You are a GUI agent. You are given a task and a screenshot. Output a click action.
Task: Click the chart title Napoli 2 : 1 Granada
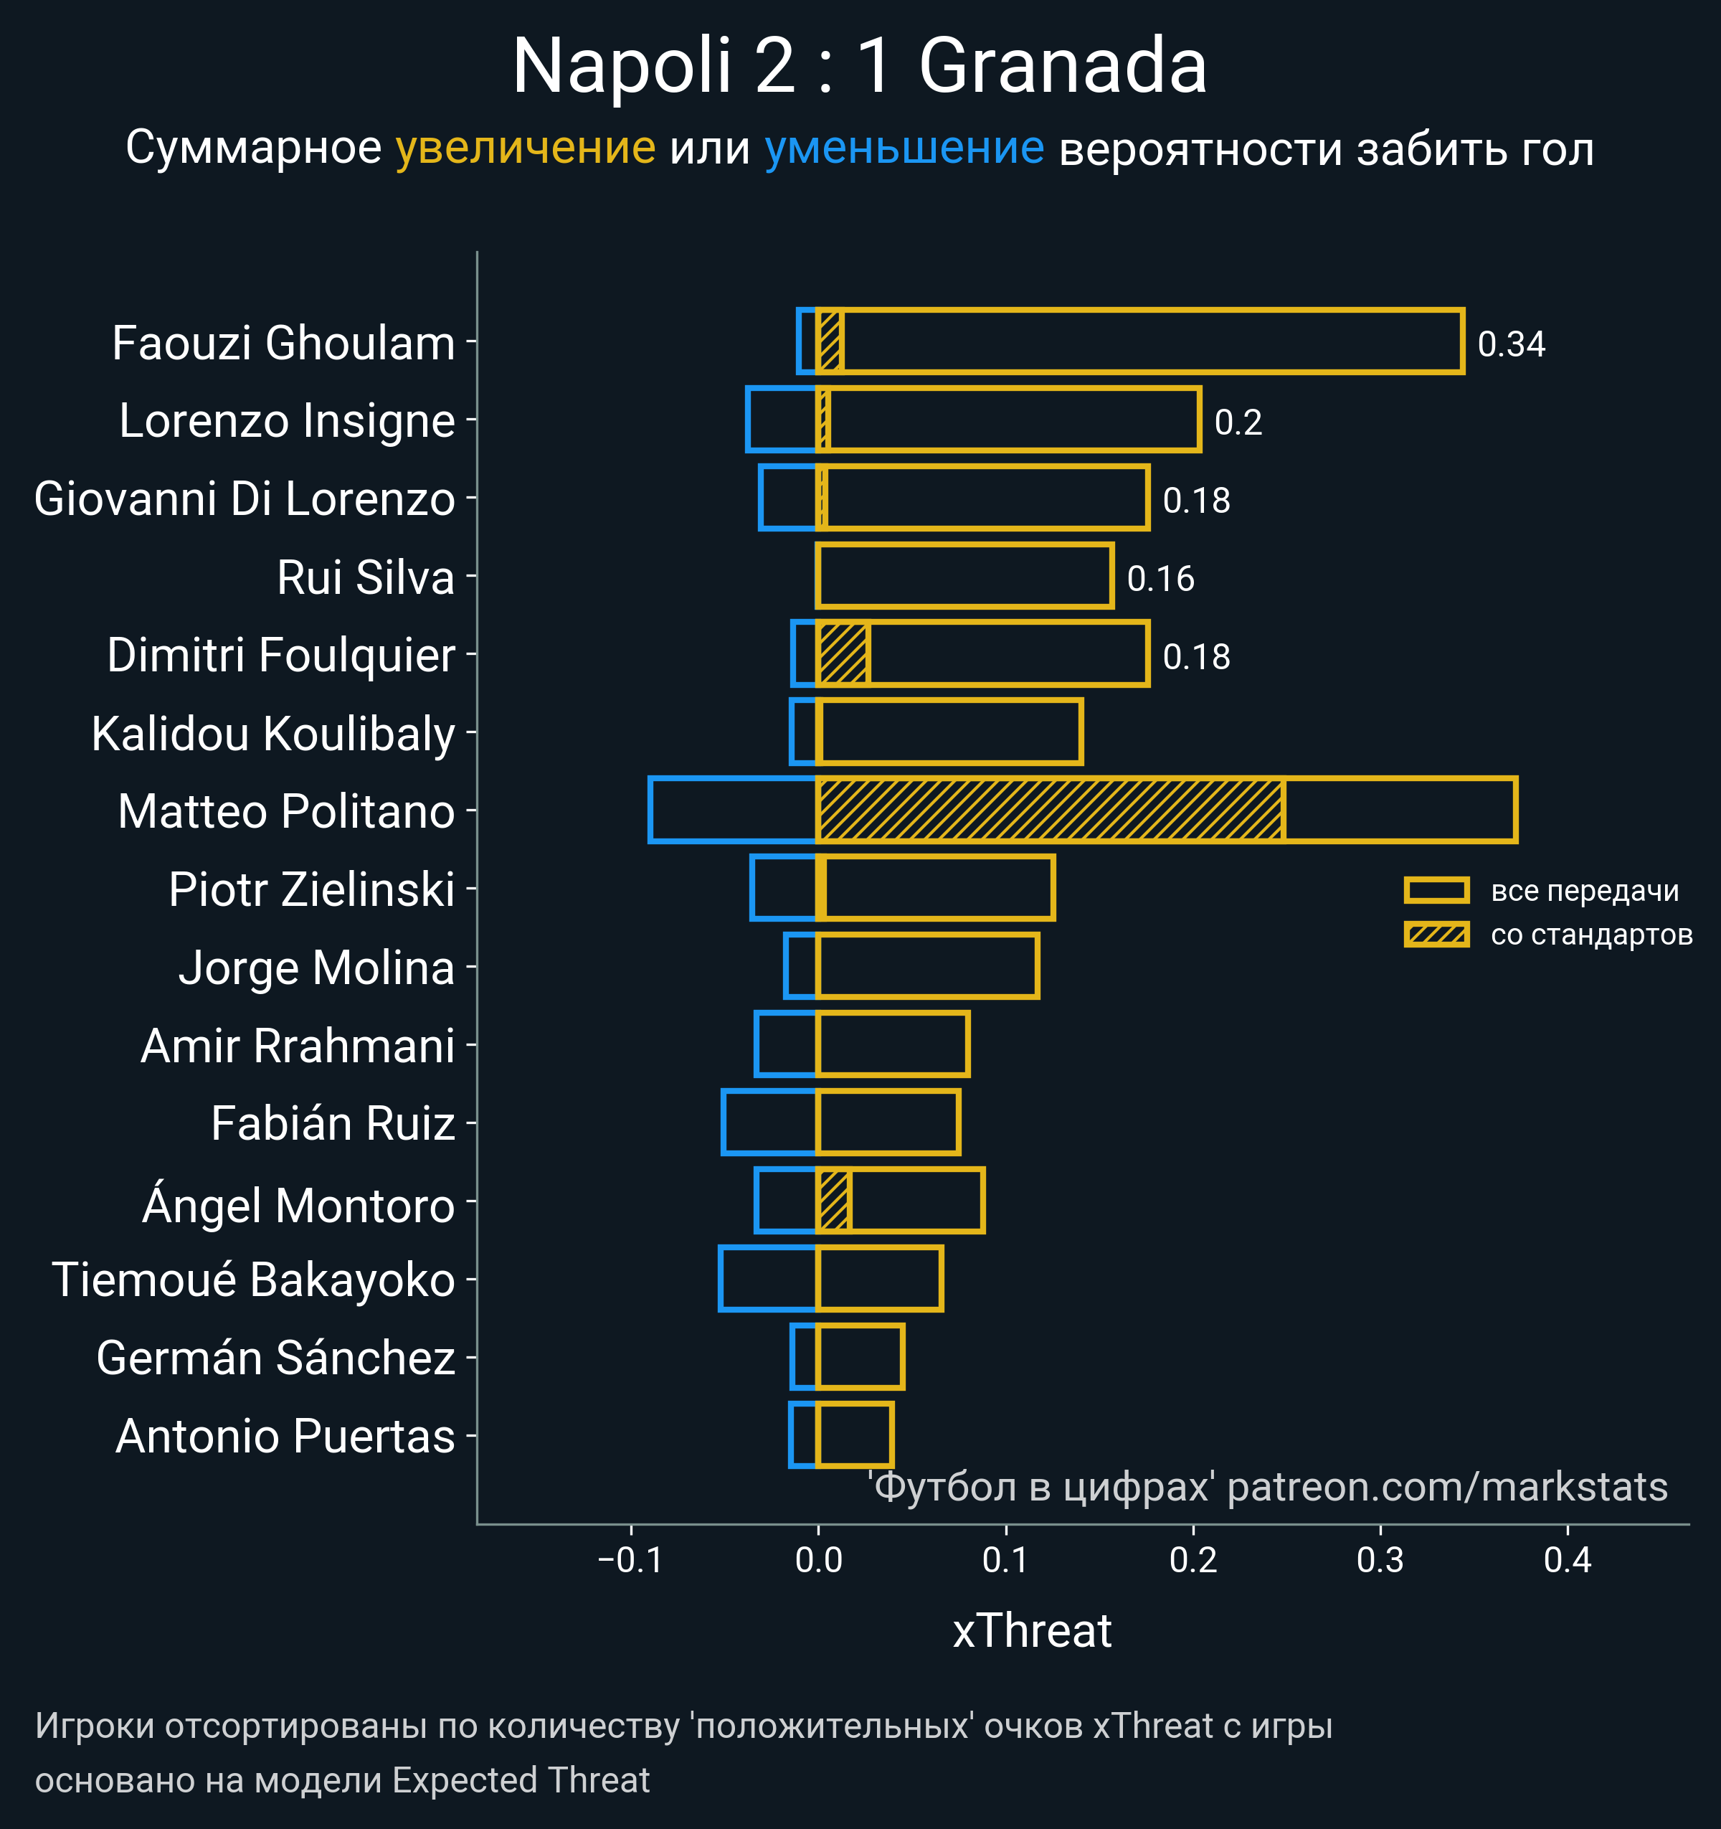coord(859,66)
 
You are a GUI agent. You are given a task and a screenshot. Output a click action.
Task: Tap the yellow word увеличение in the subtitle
coord(525,148)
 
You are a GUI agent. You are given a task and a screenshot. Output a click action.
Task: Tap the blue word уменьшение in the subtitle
coord(904,148)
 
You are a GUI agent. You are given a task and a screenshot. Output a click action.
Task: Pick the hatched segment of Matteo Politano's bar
coord(1050,810)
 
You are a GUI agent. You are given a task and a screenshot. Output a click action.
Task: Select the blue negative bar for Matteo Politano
coord(732,810)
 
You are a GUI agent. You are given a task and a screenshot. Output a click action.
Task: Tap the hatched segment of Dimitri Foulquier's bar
coord(843,654)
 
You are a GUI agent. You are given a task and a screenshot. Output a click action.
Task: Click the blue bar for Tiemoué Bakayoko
coord(768,1278)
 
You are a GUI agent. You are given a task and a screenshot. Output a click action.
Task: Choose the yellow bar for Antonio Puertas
coord(855,1435)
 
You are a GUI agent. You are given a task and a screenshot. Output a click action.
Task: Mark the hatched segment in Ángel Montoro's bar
coord(833,1201)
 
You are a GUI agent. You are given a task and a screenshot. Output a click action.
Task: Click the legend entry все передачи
coord(1584,891)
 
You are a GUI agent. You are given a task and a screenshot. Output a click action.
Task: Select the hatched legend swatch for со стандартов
coord(1436,935)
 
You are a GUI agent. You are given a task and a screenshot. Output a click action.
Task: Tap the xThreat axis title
coord(1032,1631)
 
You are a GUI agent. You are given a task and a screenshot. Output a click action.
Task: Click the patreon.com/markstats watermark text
coord(1447,1488)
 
